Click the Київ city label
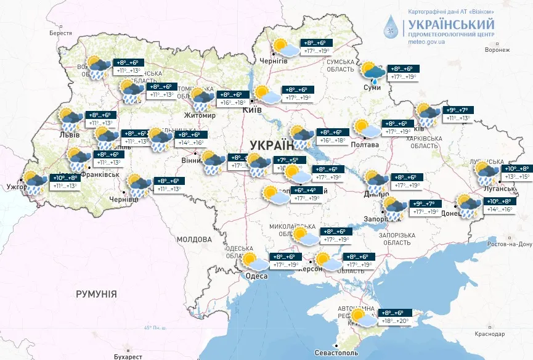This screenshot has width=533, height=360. (253, 110)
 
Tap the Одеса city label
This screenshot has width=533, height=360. (256, 276)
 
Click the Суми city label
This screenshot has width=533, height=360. (373, 88)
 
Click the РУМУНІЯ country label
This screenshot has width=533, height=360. (96, 294)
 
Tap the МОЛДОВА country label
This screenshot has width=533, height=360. (194, 239)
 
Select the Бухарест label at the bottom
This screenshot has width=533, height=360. (128, 356)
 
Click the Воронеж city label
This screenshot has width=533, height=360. (496, 51)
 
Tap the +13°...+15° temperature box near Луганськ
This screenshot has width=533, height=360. (517, 177)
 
